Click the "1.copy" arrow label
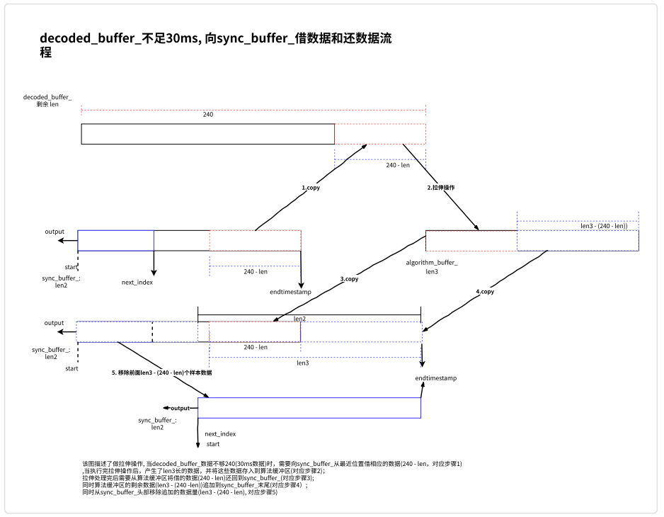click(311, 188)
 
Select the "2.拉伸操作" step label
click(441, 188)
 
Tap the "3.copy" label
click(349, 279)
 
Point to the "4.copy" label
click(485, 291)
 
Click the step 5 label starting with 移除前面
click(162, 372)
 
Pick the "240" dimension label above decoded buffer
click(208, 114)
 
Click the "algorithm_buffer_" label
click(432, 262)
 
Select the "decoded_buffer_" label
click(47, 96)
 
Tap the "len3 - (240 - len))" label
click(604, 226)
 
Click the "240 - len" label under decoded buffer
click(398, 165)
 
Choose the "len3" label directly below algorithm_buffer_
click(432, 271)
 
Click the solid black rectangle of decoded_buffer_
click(208, 134)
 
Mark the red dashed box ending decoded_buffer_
click(380, 134)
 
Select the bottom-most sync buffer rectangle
click(309, 408)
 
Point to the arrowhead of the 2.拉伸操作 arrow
click(477, 228)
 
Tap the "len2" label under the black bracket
click(299, 319)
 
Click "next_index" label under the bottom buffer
click(220, 434)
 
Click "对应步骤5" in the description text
click(263, 492)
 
